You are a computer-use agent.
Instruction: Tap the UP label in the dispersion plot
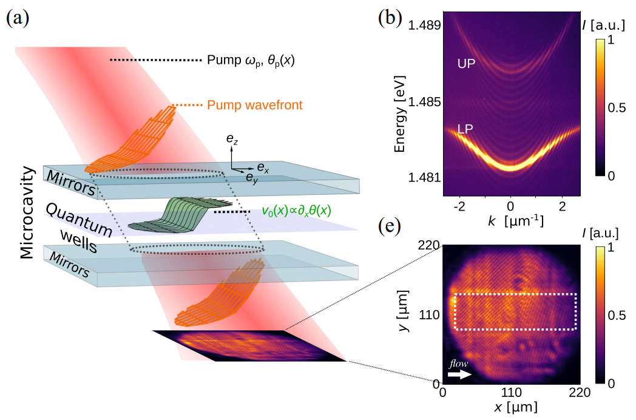(466, 63)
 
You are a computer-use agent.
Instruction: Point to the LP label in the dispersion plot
(465, 129)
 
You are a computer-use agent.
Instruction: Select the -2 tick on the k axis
(462, 206)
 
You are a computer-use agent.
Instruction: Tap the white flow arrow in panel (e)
(460, 375)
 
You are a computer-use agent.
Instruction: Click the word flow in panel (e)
(459, 364)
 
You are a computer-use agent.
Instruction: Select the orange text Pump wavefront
(255, 106)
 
